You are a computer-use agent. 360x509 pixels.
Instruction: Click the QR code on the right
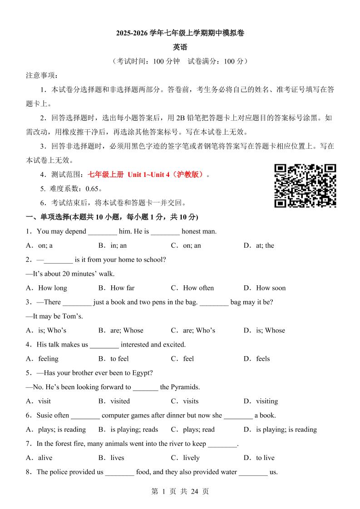305,186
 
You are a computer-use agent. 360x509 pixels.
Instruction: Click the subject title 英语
180,47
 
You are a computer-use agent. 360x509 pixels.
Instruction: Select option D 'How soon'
271,288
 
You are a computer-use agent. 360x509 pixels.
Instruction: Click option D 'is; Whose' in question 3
270,330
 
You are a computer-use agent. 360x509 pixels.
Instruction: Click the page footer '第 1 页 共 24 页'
180,491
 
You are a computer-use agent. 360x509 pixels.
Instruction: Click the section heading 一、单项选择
54,217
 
